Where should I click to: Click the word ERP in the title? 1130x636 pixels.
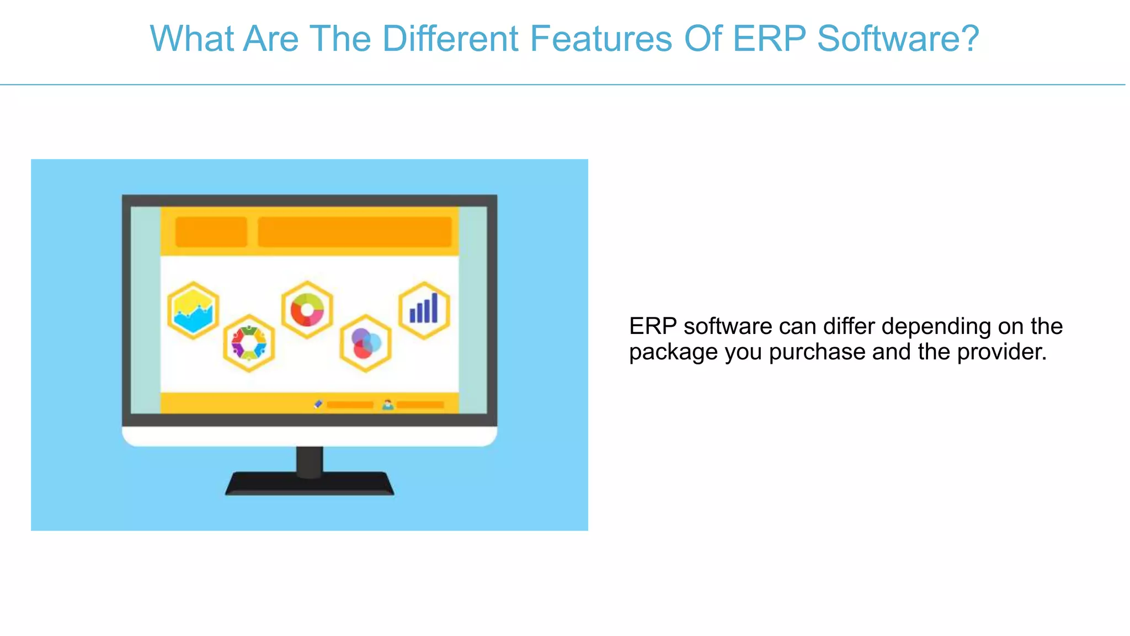(x=769, y=39)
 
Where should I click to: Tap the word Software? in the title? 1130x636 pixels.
(x=898, y=39)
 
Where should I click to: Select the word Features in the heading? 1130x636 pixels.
(x=601, y=39)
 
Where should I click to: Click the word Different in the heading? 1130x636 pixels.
(x=450, y=39)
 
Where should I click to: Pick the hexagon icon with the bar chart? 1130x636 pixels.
(x=424, y=310)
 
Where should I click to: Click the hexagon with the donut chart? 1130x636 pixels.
(x=307, y=310)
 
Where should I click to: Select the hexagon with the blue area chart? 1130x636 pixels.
(x=193, y=310)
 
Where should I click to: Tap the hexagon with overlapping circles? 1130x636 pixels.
(x=365, y=343)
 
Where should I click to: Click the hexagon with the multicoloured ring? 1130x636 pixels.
(x=249, y=343)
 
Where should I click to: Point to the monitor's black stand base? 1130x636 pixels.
(x=309, y=485)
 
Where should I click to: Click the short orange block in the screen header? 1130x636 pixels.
(x=211, y=232)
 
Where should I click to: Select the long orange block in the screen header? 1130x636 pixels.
(x=354, y=232)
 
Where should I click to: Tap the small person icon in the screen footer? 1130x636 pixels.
(x=388, y=405)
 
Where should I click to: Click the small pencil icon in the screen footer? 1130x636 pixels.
(x=318, y=405)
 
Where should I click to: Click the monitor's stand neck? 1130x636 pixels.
(x=310, y=460)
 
